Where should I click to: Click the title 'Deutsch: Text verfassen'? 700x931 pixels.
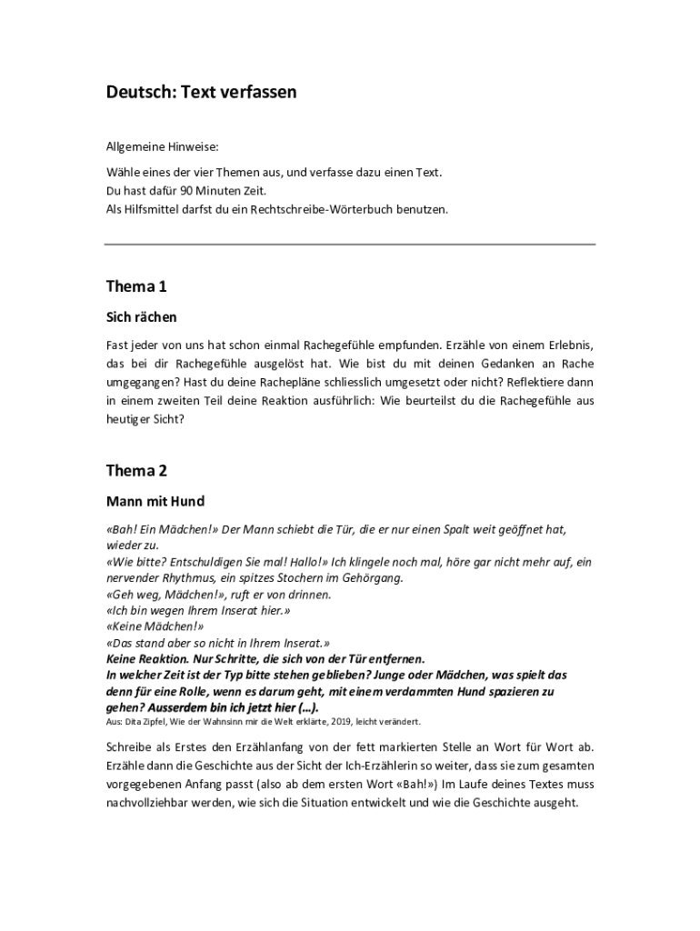[x=201, y=92]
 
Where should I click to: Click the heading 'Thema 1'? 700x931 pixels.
[x=136, y=286]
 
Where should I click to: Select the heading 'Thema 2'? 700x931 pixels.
[x=136, y=470]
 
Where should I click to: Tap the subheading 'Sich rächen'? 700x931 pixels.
[x=142, y=317]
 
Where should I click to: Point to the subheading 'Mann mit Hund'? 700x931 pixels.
[x=155, y=501]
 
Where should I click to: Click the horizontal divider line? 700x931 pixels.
[x=350, y=245]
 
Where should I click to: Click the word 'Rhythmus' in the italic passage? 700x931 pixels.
[x=188, y=577]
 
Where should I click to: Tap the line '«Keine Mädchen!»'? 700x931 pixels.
[x=155, y=626]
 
